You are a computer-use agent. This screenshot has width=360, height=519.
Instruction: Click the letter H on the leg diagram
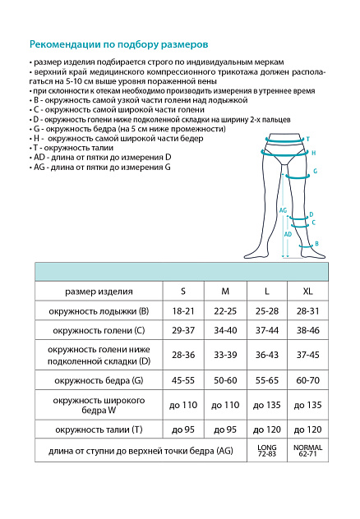click(313, 154)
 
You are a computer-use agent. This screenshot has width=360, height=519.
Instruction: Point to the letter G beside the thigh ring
click(315, 172)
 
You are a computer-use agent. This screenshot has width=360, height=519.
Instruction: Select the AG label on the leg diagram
click(283, 210)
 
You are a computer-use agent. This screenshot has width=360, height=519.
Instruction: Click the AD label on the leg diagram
click(287, 234)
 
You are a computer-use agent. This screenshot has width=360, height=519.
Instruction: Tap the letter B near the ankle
click(316, 243)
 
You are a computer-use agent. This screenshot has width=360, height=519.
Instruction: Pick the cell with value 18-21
click(183, 312)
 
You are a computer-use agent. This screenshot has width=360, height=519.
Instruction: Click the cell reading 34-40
click(225, 330)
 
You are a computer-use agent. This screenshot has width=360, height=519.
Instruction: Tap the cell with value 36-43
click(267, 355)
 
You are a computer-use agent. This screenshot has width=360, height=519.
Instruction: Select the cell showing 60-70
click(307, 380)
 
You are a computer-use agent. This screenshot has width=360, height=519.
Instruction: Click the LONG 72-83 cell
click(267, 450)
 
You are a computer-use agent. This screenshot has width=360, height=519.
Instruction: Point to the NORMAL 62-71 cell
click(307, 450)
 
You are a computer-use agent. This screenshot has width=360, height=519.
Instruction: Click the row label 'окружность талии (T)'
click(98, 429)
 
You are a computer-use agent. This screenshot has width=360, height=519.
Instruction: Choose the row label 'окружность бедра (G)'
click(98, 380)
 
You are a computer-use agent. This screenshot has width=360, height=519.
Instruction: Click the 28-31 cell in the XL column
click(307, 312)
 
